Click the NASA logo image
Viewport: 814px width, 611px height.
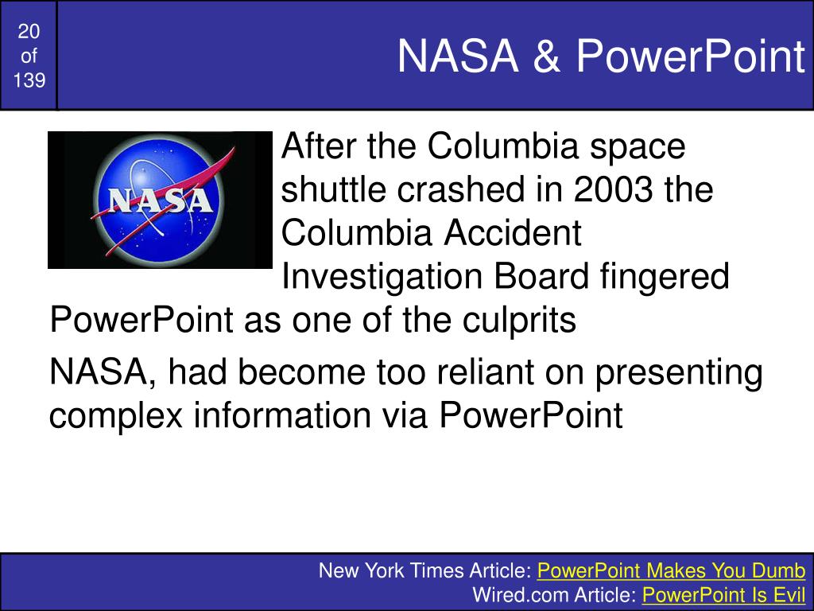(x=160, y=200)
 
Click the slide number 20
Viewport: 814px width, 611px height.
(x=29, y=32)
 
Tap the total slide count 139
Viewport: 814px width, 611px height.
(x=29, y=80)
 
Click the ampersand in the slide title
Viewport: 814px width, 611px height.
(x=547, y=56)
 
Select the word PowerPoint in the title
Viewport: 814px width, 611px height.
(x=691, y=56)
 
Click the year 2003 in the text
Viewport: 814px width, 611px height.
(x=613, y=189)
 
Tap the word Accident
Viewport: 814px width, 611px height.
(x=512, y=232)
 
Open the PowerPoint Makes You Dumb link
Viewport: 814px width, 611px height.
(x=671, y=570)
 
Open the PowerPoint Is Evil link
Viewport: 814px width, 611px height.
(x=723, y=594)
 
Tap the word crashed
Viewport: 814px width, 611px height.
(x=462, y=189)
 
